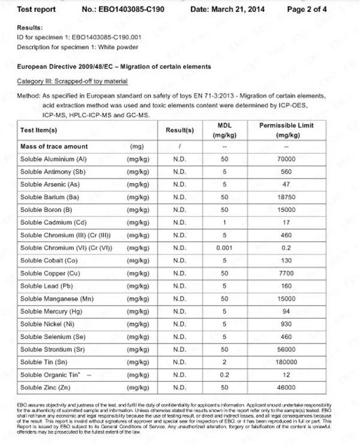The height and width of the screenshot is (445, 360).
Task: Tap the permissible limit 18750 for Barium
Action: (287, 197)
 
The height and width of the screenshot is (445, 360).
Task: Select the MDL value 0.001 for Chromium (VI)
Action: (224, 247)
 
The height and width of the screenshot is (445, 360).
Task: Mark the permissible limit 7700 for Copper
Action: (287, 273)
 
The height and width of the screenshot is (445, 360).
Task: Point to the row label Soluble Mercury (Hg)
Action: (52, 311)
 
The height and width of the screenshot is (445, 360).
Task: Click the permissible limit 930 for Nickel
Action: (287, 324)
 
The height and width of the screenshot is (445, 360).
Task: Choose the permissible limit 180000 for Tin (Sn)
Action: (287, 362)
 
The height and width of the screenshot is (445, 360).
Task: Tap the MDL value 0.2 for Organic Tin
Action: (224, 375)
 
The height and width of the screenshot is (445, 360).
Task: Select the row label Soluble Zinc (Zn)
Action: (47, 388)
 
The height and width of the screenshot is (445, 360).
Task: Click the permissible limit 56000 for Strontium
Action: (287, 350)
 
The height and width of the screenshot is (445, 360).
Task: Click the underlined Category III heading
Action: (71, 80)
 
